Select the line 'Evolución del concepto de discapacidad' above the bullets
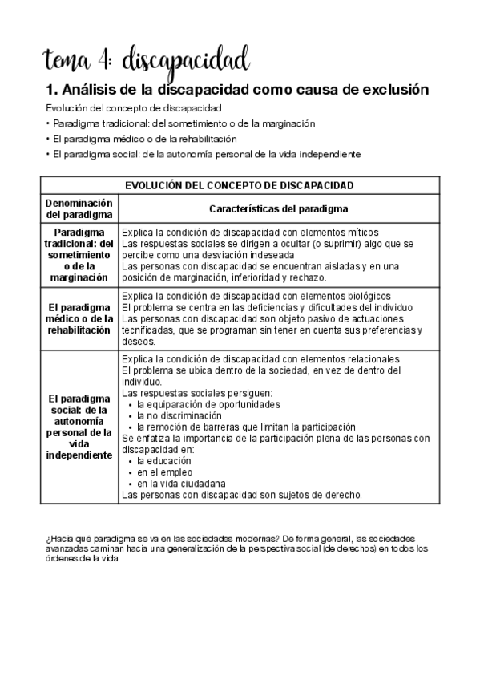(134, 108)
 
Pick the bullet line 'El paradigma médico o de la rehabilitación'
(145, 139)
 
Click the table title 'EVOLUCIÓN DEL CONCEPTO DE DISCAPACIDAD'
(240, 185)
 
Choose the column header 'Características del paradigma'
(278, 209)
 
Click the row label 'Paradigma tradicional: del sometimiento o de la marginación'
(78, 254)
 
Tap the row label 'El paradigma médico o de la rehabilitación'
(78, 318)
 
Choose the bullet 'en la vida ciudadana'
(180, 484)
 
